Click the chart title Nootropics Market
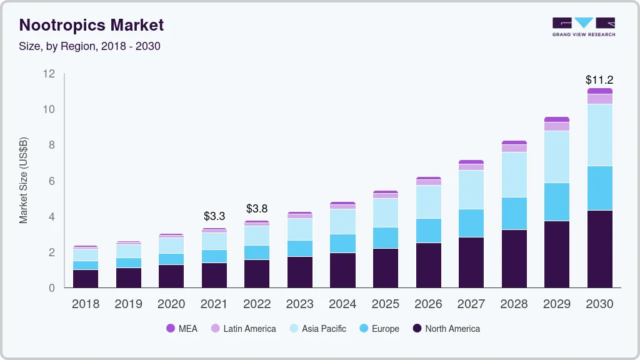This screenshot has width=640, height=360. pyautogui.click(x=91, y=25)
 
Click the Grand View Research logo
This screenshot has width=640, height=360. pyautogui.click(x=583, y=26)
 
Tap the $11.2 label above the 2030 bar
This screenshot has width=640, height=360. pyautogui.click(x=599, y=80)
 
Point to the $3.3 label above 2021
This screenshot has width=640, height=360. pyautogui.click(x=214, y=216)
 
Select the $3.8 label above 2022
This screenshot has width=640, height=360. pyautogui.click(x=257, y=208)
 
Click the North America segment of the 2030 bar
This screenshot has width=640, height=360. pyautogui.click(x=599, y=249)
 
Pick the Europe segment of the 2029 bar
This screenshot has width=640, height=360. pyautogui.click(x=556, y=202)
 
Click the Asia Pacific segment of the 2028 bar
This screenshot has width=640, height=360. pyautogui.click(x=514, y=174)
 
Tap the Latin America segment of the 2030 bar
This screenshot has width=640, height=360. pyautogui.click(x=599, y=99)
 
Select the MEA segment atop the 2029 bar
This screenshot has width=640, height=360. pyautogui.click(x=556, y=119)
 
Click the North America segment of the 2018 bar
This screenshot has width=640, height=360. pyautogui.click(x=86, y=279)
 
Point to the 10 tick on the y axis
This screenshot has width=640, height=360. pyautogui.click(x=49, y=109)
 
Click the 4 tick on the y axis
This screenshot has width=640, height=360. pyautogui.click(x=52, y=217)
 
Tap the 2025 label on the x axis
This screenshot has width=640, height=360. pyautogui.click(x=385, y=304)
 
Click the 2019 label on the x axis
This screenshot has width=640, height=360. pyautogui.click(x=128, y=304)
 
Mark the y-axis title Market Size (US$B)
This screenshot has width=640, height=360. pyautogui.click(x=23, y=181)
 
